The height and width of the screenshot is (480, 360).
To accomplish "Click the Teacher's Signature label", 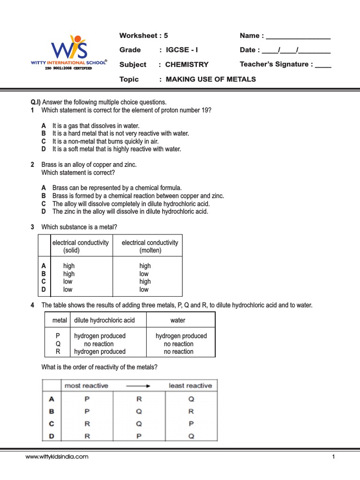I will click(x=276, y=64).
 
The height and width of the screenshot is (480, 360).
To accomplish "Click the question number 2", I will click(x=33, y=165).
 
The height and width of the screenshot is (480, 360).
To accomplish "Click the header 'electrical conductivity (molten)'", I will click(x=150, y=247).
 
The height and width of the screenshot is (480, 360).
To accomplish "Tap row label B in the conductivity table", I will click(x=44, y=274).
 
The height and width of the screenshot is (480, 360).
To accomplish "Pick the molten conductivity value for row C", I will click(x=145, y=282).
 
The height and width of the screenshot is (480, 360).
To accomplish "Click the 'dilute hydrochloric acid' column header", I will click(x=104, y=320).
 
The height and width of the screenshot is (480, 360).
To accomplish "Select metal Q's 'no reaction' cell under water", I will click(x=179, y=344).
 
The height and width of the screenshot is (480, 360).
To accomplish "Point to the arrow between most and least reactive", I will click(x=138, y=386).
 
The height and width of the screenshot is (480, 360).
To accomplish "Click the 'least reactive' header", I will click(x=190, y=386).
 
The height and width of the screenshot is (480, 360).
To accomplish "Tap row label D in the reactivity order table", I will click(x=52, y=436).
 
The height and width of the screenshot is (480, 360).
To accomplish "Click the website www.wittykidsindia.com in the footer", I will click(x=57, y=457).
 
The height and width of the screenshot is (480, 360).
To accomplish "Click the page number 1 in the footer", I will click(x=333, y=457).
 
